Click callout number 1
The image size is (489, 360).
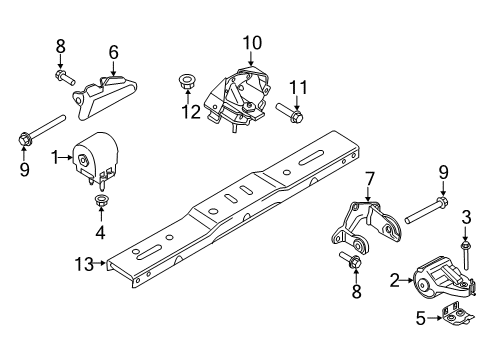[56, 156]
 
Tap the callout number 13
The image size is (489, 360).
[89, 264]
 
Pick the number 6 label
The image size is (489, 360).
[114, 52]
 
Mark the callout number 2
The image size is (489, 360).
[394, 281]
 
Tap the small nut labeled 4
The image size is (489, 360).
[100, 205]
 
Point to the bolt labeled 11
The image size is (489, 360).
[285, 110]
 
